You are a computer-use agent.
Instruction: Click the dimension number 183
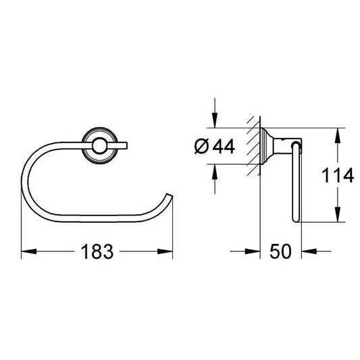pos(97,251)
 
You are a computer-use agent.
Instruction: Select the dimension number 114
pos(338,175)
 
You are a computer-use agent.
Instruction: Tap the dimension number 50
pos(280,251)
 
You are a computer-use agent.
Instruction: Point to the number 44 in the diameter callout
pos(224,147)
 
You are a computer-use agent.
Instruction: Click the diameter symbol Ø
pos(201,147)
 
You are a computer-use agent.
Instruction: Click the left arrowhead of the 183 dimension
pos(29,251)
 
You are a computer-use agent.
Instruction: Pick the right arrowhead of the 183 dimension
pos(165,251)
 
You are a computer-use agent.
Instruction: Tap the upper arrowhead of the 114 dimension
pos(337,136)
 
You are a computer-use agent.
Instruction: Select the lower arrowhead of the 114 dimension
pos(337,214)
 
